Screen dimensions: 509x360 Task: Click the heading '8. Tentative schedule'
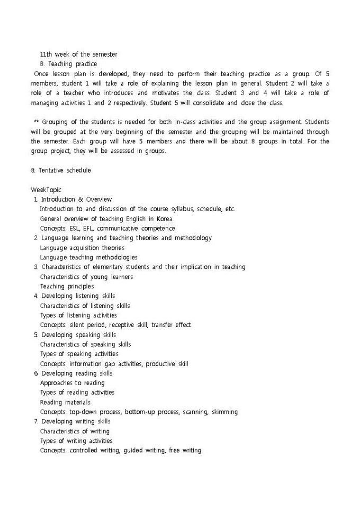click(61, 170)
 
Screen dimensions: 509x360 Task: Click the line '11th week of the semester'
click(78, 54)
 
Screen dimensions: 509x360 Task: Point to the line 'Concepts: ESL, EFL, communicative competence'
click(107, 229)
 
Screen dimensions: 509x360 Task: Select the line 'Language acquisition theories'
click(82, 248)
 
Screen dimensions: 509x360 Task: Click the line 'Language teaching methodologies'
click(88, 257)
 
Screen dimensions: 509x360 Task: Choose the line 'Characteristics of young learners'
click(86, 277)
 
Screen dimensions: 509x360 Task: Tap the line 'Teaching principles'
click(67, 286)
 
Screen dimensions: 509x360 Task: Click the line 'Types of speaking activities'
click(79, 354)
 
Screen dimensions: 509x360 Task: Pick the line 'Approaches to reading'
click(72, 383)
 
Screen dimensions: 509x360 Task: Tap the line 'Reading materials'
click(65, 402)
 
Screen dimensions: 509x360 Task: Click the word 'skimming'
click(224, 412)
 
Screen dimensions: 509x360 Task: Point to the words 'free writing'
click(185, 450)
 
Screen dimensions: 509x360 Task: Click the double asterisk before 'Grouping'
click(35, 122)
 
